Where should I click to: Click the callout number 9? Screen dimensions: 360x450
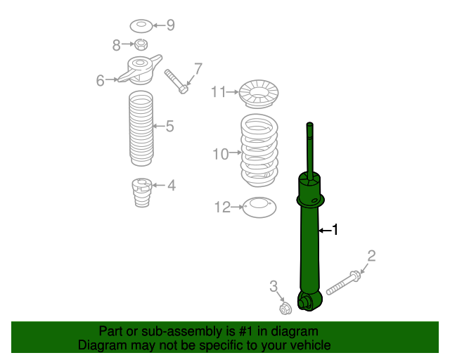coord(169,25)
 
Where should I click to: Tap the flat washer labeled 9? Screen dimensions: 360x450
coord(141,26)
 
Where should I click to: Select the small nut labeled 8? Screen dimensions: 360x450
coord(140,46)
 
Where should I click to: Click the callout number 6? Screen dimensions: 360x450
coord(101,81)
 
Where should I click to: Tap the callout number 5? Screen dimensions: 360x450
coord(169,127)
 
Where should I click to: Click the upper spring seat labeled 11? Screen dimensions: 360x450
coord(259,92)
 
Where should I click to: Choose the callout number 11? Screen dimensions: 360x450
coord(218,91)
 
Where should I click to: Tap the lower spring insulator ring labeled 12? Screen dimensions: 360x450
coord(259,207)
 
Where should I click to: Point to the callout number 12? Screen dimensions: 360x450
coord(222,207)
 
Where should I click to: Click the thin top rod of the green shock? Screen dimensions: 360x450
coord(309,148)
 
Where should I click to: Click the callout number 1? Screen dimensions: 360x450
coord(335,229)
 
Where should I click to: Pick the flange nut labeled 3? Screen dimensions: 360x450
coord(285,308)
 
